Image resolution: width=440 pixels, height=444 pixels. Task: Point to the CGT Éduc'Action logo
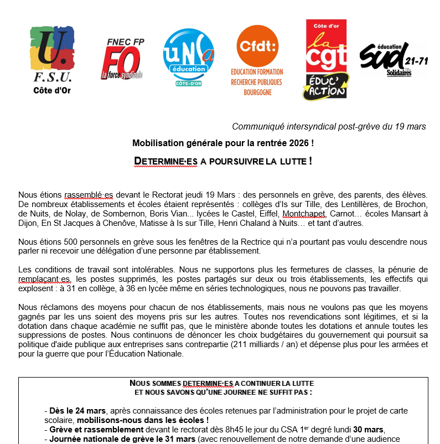(x=326, y=60)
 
